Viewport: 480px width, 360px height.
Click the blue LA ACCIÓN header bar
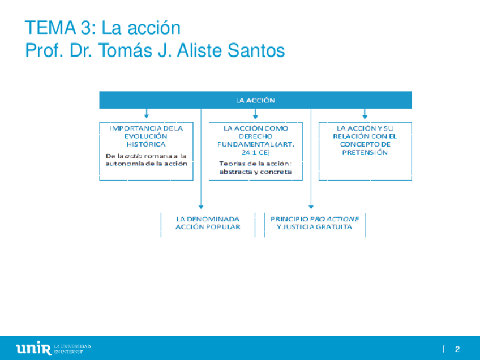[255, 100]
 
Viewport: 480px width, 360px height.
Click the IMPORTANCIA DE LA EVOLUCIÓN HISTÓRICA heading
[146, 136]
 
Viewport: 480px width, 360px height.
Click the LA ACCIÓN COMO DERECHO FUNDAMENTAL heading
[256, 136]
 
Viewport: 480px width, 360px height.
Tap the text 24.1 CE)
[256, 153]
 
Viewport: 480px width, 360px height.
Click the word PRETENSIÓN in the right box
[365, 152]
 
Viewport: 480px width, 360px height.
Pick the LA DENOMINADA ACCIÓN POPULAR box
[207, 222]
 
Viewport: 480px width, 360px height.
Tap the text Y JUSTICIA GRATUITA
[314, 227]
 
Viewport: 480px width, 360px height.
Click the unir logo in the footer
[34, 348]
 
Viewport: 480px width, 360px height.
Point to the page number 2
[457, 349]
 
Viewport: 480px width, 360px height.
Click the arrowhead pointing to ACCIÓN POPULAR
[201, 207]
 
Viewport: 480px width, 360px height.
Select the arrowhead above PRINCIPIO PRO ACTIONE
[311, 207]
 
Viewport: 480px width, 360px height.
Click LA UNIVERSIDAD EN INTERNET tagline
[72, 348]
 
